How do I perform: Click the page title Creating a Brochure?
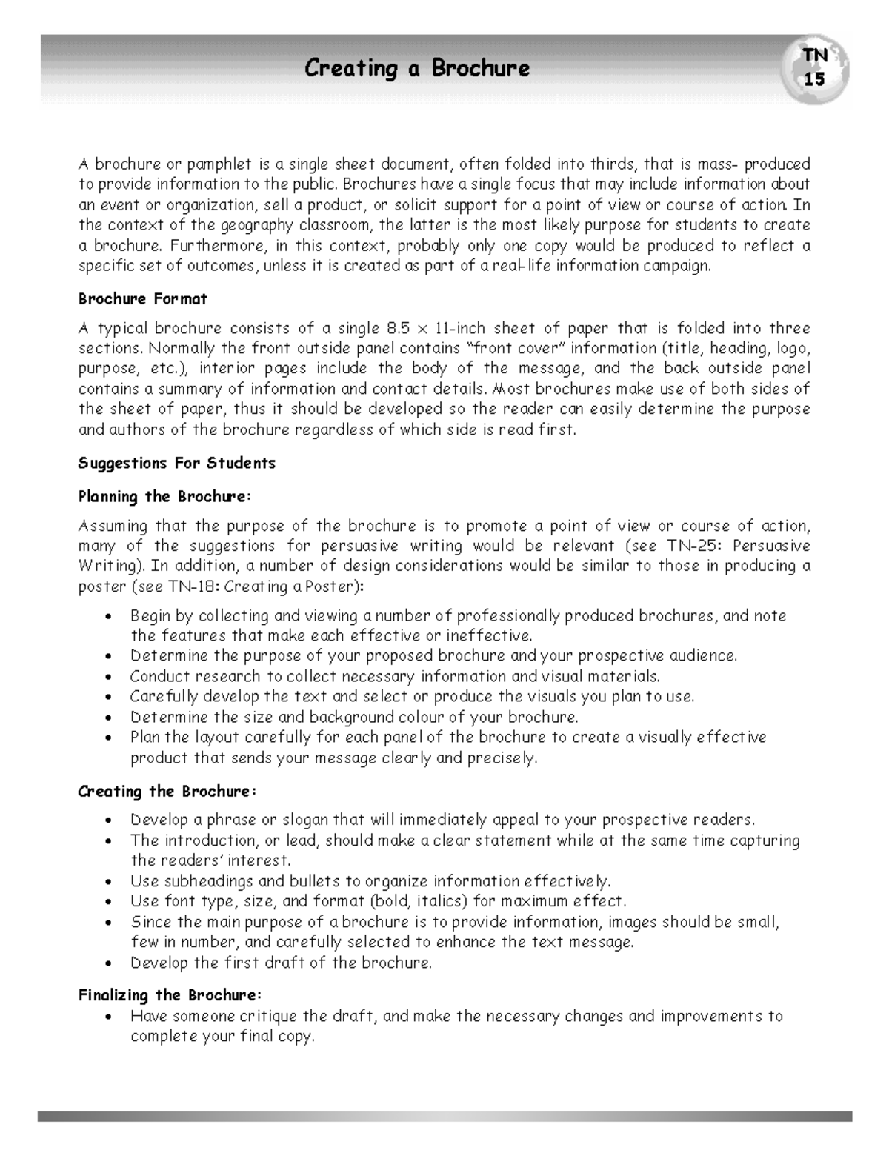point(417,69)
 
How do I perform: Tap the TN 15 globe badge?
point(816,67)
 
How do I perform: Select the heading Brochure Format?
point(142,299)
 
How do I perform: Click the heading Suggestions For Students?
point(176,463)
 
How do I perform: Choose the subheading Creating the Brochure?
point(167,791)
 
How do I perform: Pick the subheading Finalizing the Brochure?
point(170,994)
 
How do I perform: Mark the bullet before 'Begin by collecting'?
point(109,616)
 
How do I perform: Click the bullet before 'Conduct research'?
point(109,677)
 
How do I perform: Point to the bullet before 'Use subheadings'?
point(109,882)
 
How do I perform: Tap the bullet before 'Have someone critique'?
point(109,1017)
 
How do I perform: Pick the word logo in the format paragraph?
point(792,348)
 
